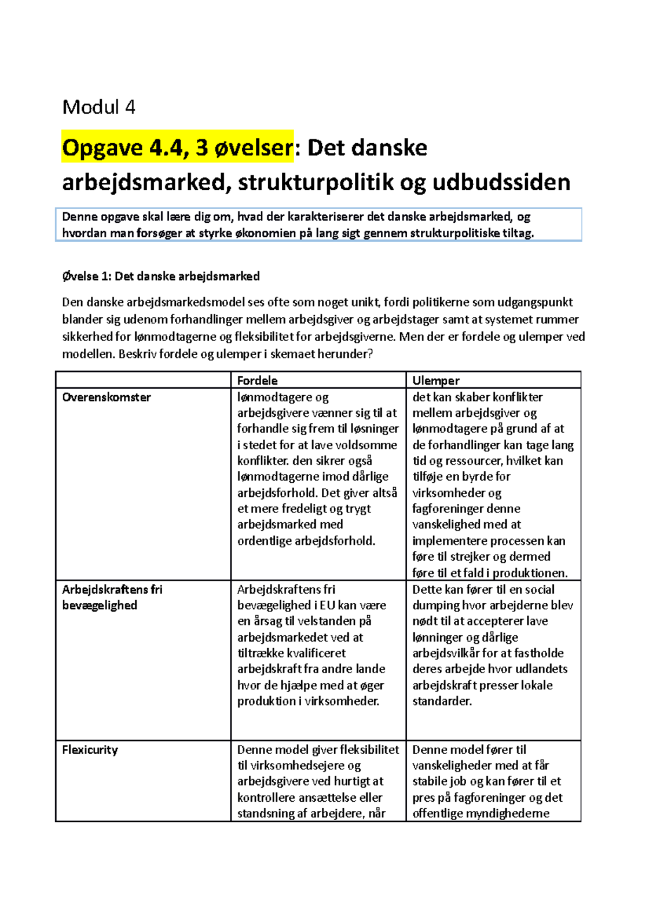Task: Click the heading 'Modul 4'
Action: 98,107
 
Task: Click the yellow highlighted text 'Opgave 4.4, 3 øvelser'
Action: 177,147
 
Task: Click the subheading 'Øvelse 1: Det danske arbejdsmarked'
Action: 161,276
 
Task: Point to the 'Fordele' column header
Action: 257,380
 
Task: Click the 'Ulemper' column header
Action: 436,380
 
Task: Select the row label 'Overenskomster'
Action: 107,397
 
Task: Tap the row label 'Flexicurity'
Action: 90,749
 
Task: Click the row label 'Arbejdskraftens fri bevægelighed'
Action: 112,597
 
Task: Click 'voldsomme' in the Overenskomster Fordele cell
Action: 370,444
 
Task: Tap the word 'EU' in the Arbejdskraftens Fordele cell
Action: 328,605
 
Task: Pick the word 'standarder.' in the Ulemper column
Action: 442,701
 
